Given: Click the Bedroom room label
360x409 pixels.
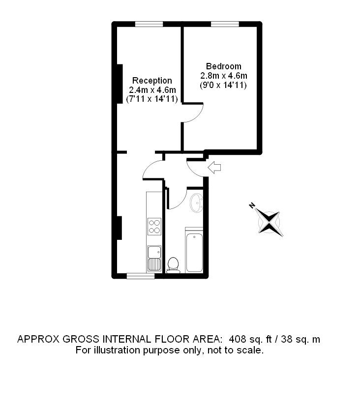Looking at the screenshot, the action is point(224,66).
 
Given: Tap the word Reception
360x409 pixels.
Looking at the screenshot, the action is point(152,81).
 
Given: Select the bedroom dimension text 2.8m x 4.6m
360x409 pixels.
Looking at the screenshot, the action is point(224,76).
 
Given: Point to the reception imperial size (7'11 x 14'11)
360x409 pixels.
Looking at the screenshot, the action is point(152,99).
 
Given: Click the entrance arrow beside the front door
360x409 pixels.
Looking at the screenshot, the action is point(214,167).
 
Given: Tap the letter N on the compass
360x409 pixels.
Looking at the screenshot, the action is point(252,205).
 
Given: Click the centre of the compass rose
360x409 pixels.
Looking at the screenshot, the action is point(269,223).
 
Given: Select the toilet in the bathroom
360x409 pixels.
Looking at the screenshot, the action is point(173,265).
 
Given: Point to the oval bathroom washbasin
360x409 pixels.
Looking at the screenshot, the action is point(196,203).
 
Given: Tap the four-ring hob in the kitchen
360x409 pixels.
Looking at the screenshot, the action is point(154,227).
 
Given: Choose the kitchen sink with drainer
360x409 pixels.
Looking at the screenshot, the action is point(154,258).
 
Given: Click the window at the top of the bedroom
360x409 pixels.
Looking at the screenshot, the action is point(225,24).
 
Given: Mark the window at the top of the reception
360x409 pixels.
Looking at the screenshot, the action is point(149,24).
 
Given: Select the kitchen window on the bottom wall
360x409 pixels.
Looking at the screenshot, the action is point(140,276).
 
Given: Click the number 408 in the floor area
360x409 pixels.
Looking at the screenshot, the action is point(238,339).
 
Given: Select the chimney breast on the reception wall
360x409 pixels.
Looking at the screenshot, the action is point(120,84).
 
